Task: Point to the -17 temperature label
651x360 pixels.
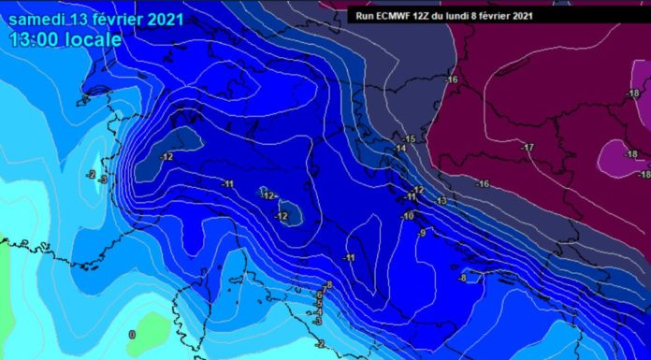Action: [x=528, y=148]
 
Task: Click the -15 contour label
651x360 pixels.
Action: [x=409, y=139]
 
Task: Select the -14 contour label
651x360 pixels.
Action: [x=400, y=149]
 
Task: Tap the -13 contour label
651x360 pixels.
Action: [x=441, y=202]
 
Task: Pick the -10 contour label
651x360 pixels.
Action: [x=408, y=217]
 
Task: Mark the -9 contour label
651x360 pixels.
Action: [x=422, y=233]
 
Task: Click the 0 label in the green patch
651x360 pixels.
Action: [x=132, y=334]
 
